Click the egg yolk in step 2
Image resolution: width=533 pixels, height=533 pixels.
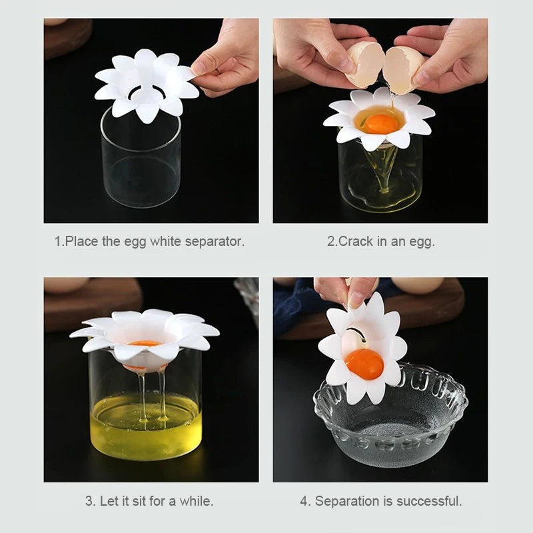pyautogui.click(x=381, y=123)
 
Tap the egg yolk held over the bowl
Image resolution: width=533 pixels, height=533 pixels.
pyautogui.click(x=364, y=364)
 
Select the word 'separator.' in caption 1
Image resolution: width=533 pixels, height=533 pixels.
pyautogui.click(x=212, y=241)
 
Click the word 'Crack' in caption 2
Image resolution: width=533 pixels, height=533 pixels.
pyautogui.click(x=356, y=241)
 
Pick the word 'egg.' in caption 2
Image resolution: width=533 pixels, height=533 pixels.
pyautogui.click(x=422, y=241)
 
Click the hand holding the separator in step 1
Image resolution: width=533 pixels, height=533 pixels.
pyautogui.click(x=227, y=60)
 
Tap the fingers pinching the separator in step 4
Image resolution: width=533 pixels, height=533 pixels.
pyautogui.click(x=346, y=290)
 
